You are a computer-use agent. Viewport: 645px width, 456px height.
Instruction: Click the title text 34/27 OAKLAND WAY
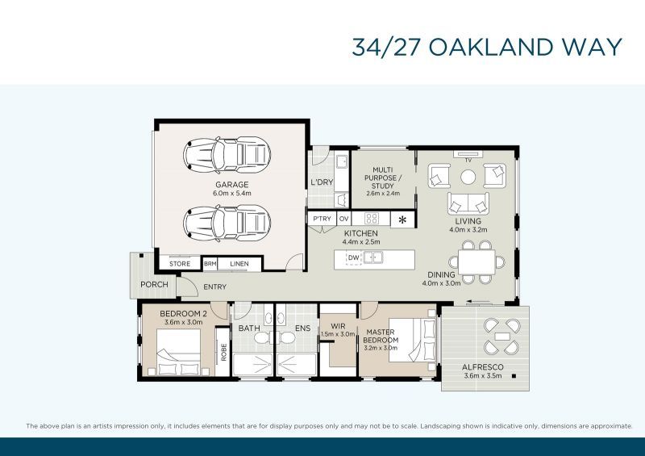pos(487,46)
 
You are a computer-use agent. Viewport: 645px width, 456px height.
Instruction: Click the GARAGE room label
pos(231,185)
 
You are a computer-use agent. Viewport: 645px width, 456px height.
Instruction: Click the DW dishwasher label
pos(353,258)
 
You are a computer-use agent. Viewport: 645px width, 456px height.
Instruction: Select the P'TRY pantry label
pos(322,219)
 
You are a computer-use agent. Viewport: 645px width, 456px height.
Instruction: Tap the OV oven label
pos(343,219)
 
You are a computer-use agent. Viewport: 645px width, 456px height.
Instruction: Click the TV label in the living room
pos(467,160)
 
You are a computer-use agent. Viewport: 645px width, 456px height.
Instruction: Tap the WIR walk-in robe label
pos(339,327)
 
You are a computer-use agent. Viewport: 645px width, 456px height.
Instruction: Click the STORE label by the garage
pos(180,264)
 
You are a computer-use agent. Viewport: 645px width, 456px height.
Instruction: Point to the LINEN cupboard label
pos(239,264)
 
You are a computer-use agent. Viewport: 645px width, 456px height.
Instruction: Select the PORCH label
pos(153,284)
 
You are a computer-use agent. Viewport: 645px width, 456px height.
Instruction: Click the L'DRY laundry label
pos(321,182)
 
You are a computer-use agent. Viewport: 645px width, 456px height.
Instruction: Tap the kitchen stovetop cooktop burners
pos(372,219)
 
